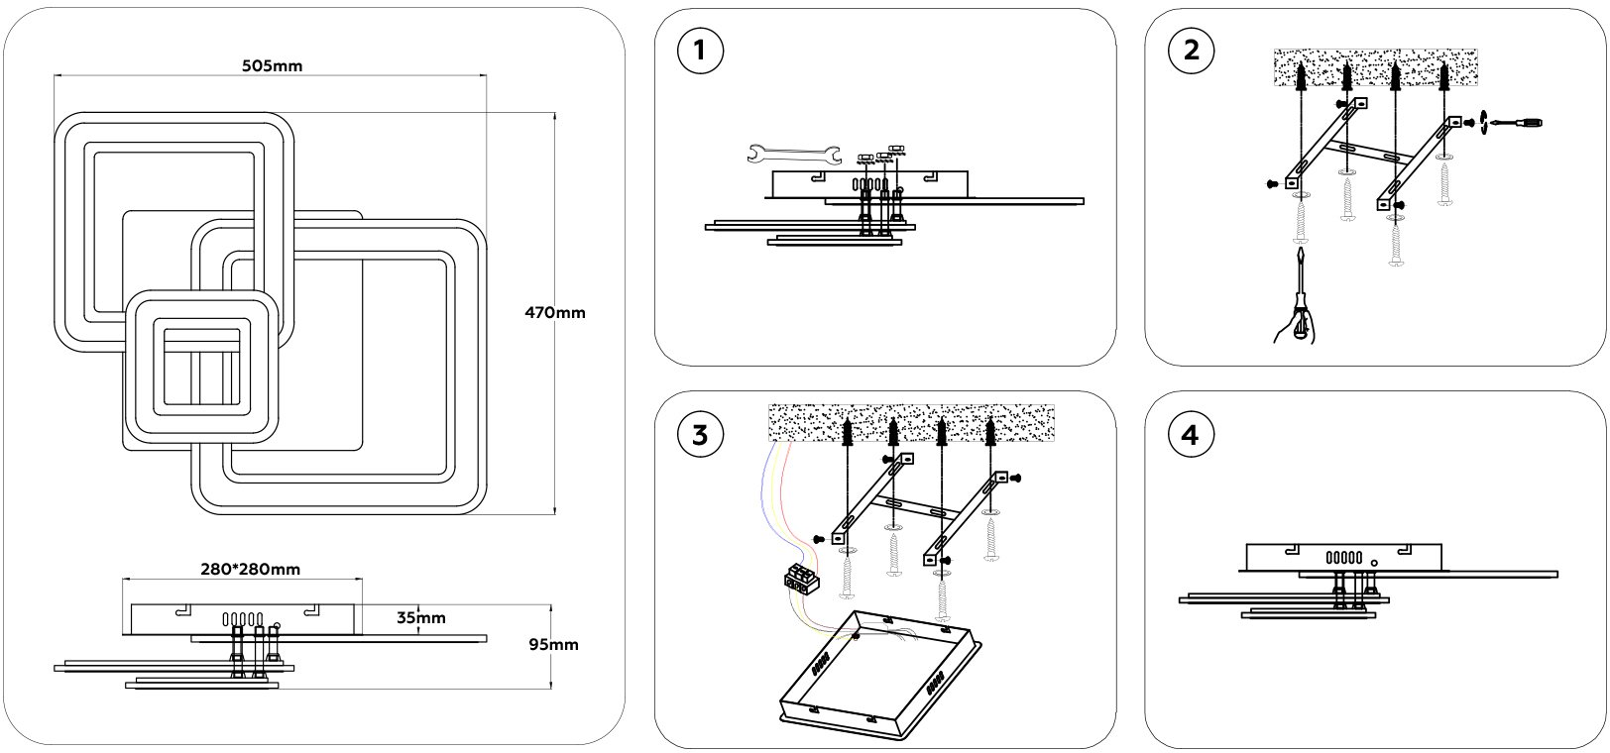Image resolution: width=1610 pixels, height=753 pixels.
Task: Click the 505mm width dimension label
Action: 272,66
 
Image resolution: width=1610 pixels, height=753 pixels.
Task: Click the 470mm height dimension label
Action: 555,312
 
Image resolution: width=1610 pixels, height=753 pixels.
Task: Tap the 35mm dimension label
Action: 420,618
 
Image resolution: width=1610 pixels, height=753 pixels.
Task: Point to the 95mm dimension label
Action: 553,644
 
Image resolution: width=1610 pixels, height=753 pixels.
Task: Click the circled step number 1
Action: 700,51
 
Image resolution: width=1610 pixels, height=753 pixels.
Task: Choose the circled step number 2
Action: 1191,51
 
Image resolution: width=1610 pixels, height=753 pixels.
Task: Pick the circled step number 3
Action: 700,434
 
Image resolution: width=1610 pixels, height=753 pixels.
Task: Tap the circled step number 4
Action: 1191,434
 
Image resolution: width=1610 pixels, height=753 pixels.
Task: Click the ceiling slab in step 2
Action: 1374,67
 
